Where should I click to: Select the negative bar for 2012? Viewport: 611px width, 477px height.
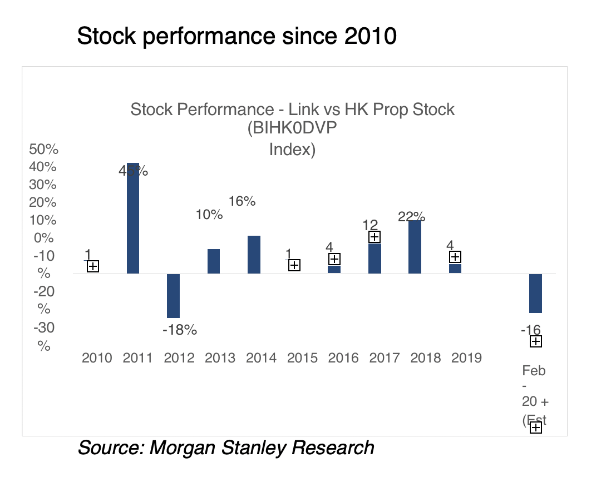(174, 296)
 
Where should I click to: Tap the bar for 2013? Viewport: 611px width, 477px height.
(214, 261)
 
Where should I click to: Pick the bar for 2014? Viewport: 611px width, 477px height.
(254, 255)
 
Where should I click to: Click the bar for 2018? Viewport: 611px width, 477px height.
(415, 247)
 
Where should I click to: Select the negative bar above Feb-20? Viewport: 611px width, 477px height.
(535, 294)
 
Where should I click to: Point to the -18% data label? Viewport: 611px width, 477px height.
(180, 330)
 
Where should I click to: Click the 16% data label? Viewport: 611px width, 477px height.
(242, 201)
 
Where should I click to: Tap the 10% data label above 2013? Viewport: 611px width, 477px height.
(209, 215)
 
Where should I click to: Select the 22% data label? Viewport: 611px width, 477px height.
(412, 216)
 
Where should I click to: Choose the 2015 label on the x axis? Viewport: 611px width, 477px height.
(302, 357)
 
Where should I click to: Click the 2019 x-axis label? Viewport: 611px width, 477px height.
(466, 357)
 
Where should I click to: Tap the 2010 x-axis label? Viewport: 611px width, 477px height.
(97, 357)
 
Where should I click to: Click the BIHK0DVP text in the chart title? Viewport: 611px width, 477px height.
(293, 129)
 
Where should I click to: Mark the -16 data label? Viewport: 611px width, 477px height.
(530, 330)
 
